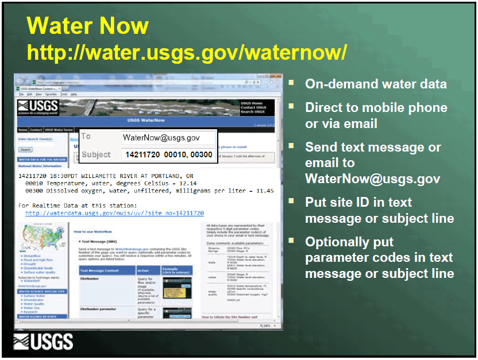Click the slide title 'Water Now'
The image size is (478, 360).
(87, 26)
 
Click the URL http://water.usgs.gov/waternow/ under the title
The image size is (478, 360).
(187, 52)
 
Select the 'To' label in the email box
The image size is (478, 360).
(86, 137)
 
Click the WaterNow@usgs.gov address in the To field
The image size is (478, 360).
(161, 138)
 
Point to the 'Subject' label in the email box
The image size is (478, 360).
(96, 154)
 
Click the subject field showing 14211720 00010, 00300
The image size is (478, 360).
(168, 155)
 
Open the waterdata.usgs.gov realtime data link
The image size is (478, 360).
(114, 213)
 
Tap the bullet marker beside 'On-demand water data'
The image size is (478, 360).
(291, 83)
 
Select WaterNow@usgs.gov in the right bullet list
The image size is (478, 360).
(372, 179)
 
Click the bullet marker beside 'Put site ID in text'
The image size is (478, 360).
(291, 201)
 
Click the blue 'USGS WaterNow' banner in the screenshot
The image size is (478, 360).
(146, 121)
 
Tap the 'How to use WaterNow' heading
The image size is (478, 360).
(93, 231)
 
